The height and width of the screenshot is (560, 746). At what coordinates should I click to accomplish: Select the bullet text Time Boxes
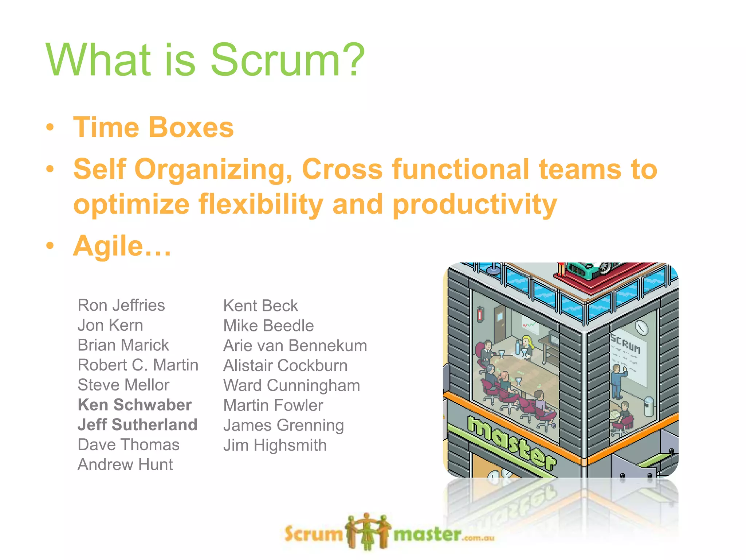point(153,128)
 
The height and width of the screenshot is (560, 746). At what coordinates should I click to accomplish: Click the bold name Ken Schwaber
point(135,405)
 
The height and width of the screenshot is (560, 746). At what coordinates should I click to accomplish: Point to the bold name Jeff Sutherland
point(137,425)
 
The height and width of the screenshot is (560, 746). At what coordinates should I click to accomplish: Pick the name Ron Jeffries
point(121,306)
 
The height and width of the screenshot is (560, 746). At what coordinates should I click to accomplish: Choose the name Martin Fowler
point(273,405)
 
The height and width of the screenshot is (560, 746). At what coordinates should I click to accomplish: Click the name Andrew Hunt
point(125,465)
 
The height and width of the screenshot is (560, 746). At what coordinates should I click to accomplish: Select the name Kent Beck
point(260,306)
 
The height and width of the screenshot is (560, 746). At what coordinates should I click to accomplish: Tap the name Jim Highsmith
point(275,446)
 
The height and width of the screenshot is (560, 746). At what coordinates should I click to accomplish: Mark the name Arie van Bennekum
point(295,346)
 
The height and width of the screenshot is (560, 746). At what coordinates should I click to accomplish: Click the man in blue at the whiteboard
point(617,381)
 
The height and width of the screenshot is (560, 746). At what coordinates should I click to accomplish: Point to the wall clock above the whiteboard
point(641,328)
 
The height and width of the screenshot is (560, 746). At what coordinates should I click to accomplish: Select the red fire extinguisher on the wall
point(480,314)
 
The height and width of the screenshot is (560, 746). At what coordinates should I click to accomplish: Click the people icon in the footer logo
point(368,532)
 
